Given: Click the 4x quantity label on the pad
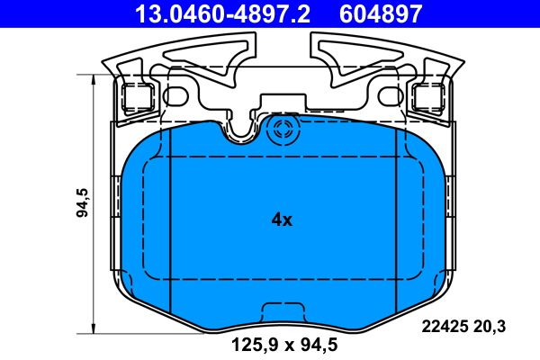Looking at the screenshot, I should [x=282, y=220].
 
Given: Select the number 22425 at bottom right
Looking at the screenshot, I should [x=442, y=328].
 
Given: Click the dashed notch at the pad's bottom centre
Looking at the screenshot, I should [x=282, y=312].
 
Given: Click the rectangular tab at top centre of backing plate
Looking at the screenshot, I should [x=282, y=106].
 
